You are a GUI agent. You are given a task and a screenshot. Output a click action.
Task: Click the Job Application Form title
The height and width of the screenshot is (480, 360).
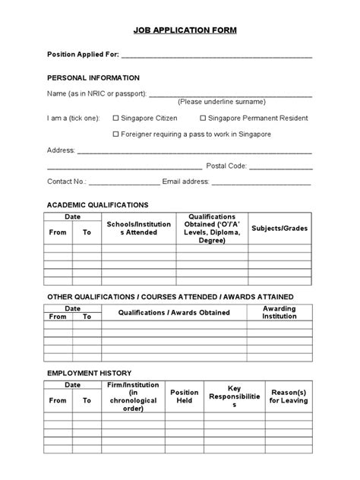[180, 30]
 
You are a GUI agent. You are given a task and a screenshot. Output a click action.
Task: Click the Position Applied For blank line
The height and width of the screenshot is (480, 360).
[216, 56]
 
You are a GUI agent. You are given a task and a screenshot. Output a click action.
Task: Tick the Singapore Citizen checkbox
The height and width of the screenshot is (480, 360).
[116, 118]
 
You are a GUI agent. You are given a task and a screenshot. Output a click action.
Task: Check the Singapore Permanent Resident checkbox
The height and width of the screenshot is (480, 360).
[203, 118]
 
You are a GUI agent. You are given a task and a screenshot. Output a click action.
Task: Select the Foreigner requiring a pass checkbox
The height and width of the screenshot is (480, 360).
[116, 134]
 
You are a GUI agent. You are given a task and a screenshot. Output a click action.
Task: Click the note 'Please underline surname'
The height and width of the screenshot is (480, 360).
[222, 101]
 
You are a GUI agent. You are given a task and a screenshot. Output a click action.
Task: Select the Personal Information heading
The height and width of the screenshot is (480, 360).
[93, 77]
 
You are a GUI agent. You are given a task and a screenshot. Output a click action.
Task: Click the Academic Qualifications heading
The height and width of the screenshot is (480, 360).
[98, 205]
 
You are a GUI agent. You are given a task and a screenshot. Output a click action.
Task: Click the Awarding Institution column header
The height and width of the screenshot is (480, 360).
[279, 312]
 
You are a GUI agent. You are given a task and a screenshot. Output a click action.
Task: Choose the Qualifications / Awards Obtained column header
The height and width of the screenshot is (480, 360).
[175, 312]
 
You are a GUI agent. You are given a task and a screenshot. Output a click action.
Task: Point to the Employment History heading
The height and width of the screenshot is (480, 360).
[90, 373]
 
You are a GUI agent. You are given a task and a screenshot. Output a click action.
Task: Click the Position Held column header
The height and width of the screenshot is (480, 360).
[185, 396]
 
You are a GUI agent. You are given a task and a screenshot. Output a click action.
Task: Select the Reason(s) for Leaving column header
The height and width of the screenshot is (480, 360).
[289, 396]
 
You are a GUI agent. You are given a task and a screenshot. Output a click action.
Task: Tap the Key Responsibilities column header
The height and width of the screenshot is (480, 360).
[234, 396]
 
